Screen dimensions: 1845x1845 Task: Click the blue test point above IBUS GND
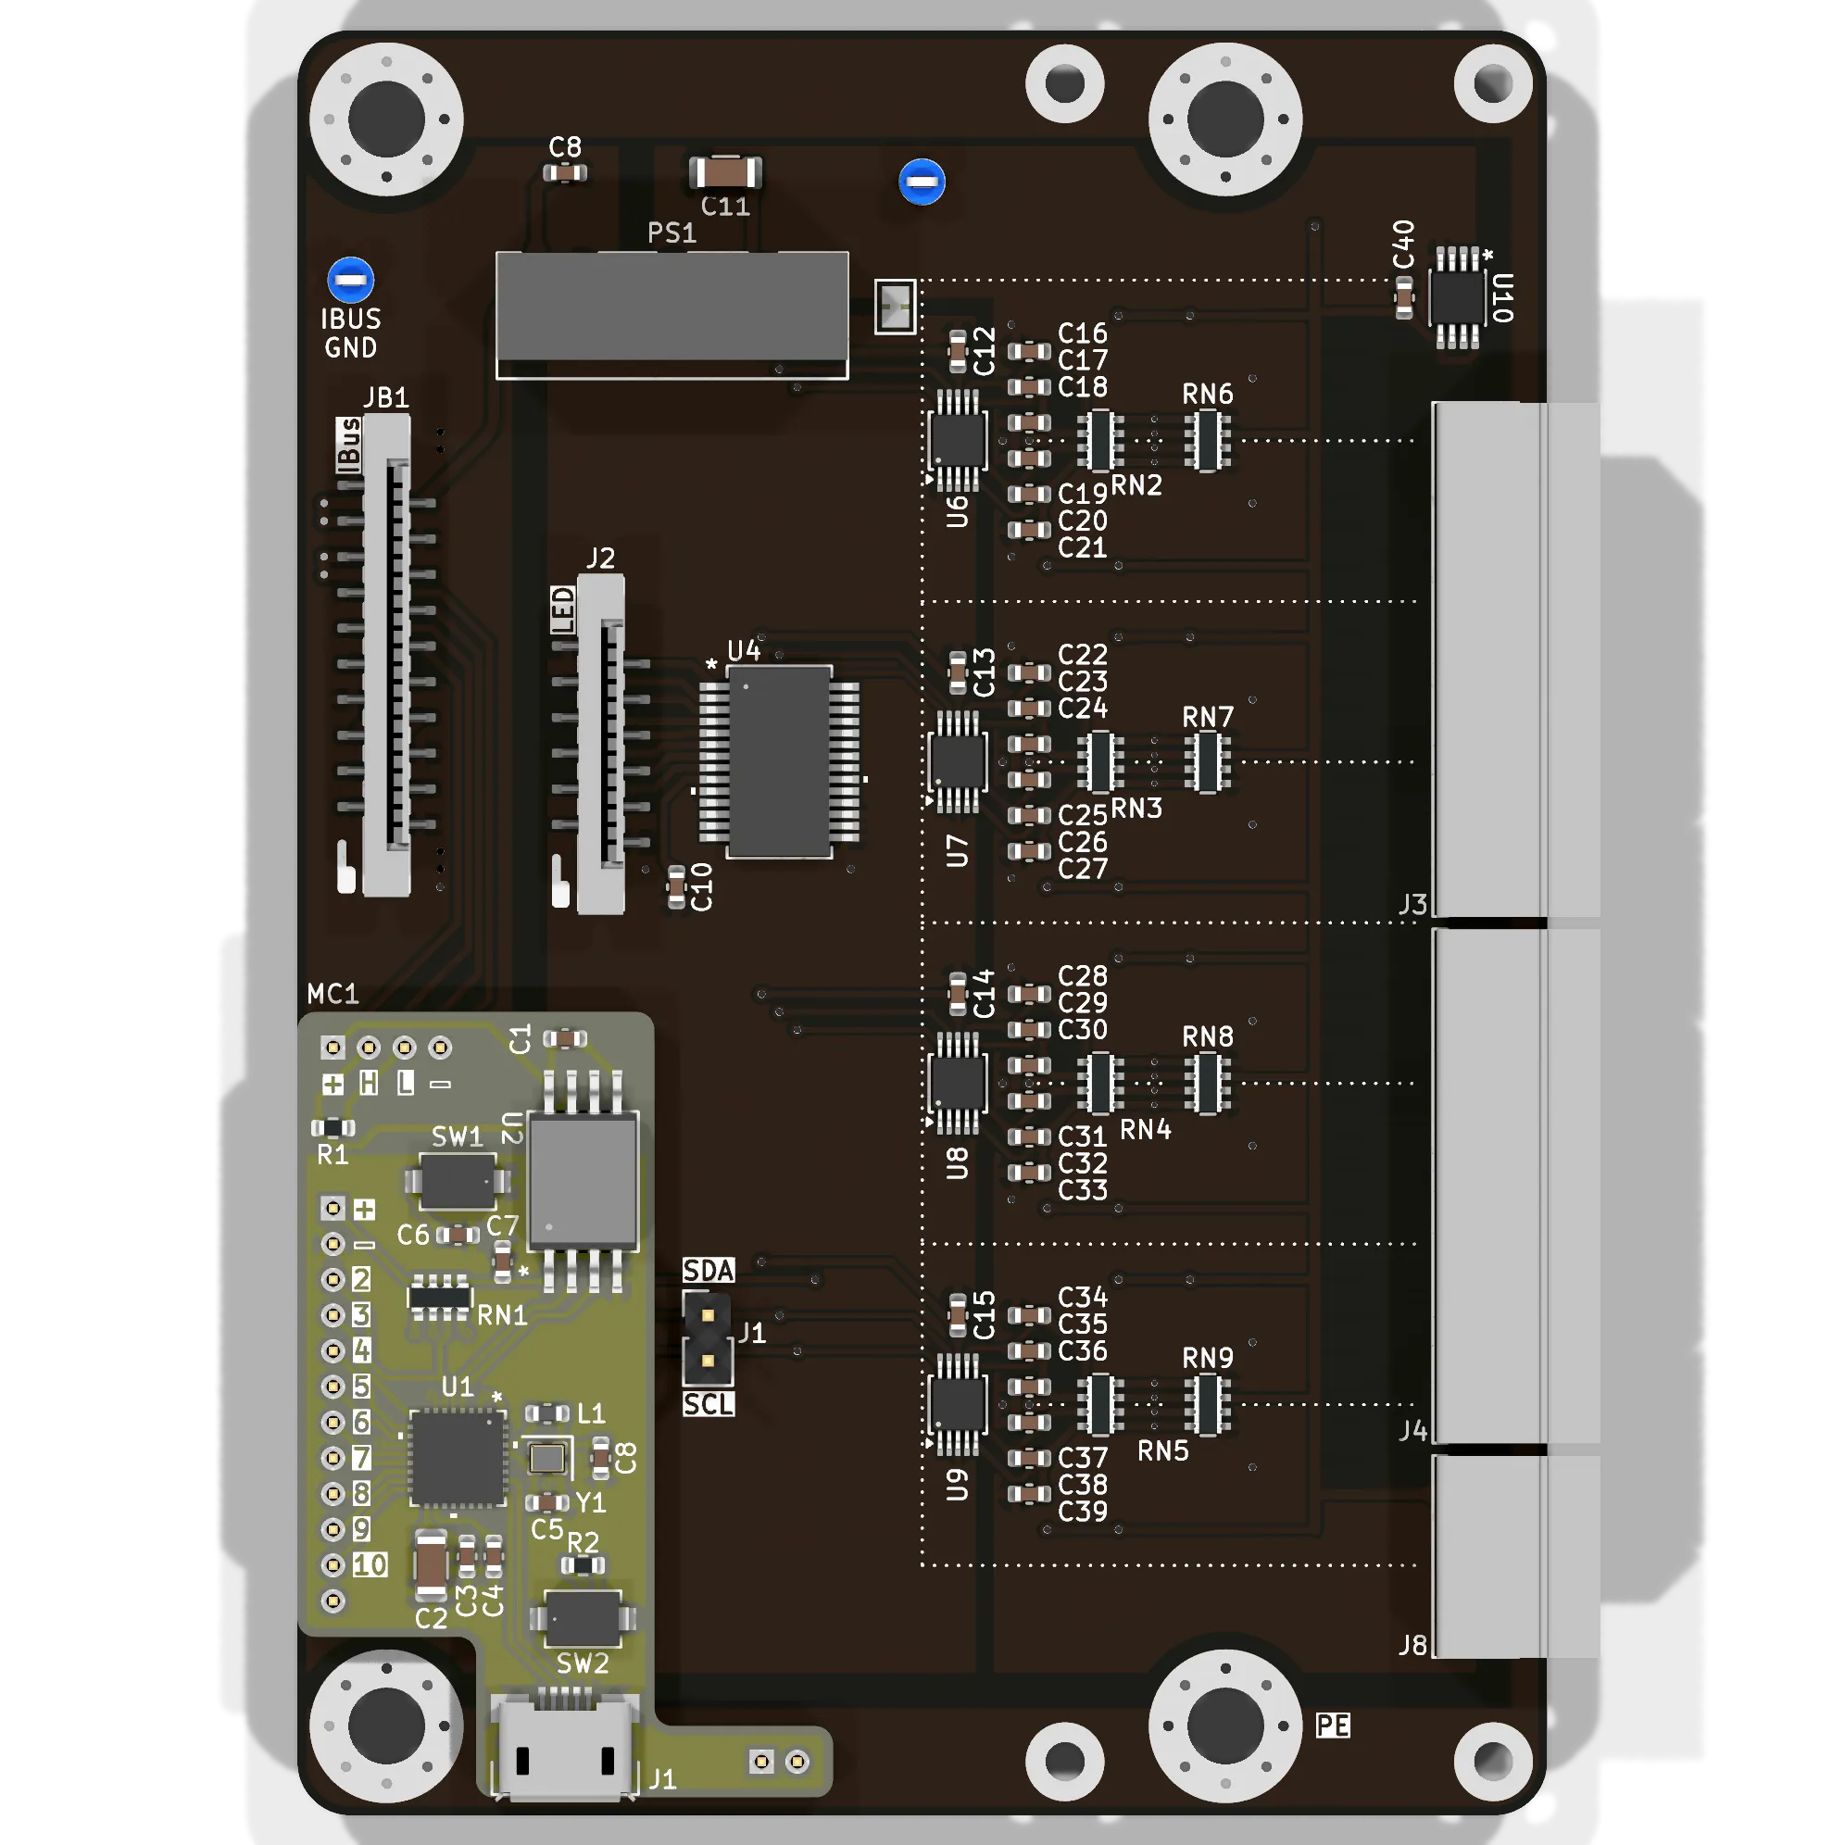coord(350,280)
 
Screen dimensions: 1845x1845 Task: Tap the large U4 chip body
coord(779,761)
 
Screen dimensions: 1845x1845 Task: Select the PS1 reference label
coord(671,233)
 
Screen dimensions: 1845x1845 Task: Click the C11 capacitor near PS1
coord(725,173)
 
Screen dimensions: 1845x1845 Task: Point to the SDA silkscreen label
coord(709,1270)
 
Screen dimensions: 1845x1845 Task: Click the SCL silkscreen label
coord(709,1404)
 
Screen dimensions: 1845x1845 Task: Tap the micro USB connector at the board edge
coord(564,1747)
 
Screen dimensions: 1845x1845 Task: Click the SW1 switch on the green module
coord(458,1181)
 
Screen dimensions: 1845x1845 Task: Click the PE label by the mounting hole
coord(1333,1726)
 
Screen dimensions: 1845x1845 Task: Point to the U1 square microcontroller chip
coord(458,1457)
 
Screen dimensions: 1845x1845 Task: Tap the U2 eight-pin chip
coord(583,1181)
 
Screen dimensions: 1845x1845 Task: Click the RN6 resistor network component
coord(1207,440)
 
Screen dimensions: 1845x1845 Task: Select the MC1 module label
coord(333,994)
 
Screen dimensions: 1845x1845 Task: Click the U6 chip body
coord(957,440)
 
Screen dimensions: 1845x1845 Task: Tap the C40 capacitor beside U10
coord(1404,298)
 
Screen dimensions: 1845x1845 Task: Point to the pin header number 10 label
coord(370,1564)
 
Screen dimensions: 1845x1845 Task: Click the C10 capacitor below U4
coord(676,887)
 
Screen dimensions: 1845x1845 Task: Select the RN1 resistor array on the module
coord(439,1297)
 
